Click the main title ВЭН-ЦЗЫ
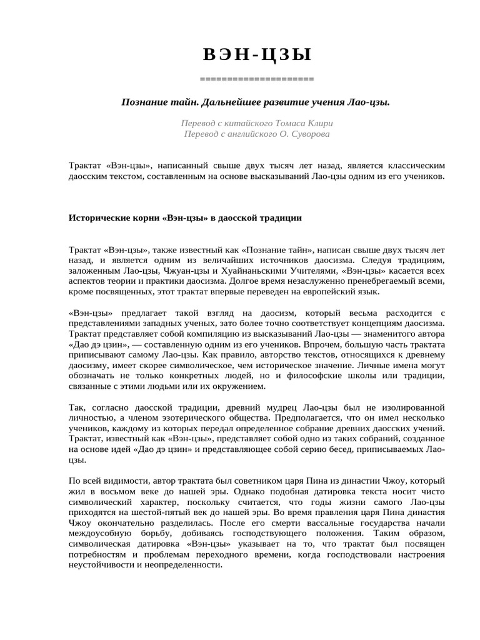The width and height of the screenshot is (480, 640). (257, 56)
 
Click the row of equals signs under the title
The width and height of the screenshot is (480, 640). (257, 79)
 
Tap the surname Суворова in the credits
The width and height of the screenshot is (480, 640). (306, 134)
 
